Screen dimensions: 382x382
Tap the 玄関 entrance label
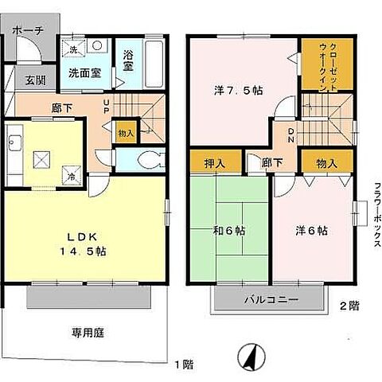tap(34, 80)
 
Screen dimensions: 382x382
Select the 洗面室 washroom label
tap(83, 72)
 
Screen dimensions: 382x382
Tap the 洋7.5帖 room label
tap(238, 90)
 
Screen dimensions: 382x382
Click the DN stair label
tap(291, 134)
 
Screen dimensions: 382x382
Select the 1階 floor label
tap(184, 364)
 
